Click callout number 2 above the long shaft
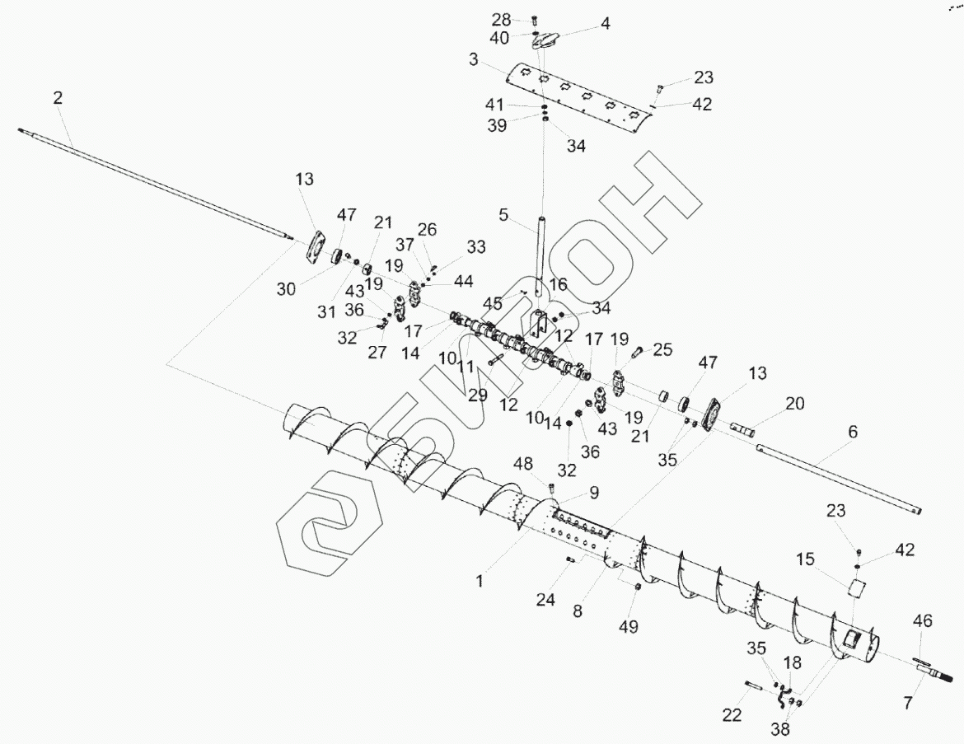(x=57, y=98)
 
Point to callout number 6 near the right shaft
(x=853, y=431)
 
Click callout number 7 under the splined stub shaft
(x=908, y=703)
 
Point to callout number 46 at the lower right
(x=922, y=620)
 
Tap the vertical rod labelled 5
(x=540, y=255)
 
